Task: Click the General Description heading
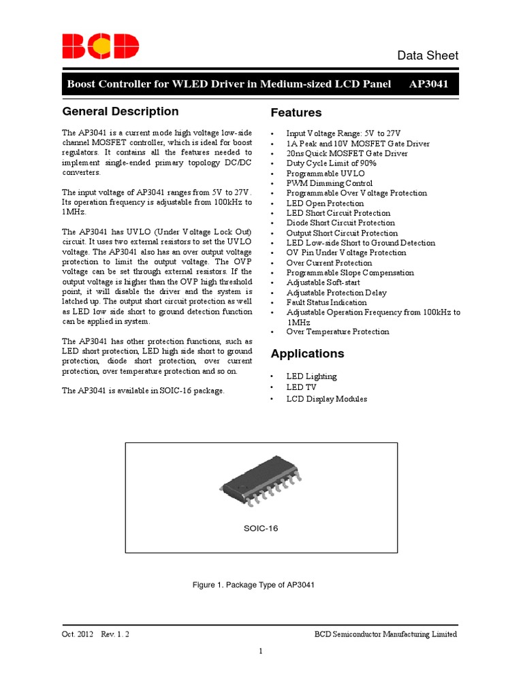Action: [x=121, y=112]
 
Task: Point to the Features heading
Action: [x=296, y=113]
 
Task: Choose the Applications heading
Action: [x=306, y=354]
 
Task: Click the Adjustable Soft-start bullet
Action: [x=323, y=282]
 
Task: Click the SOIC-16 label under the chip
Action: [x=261, y=528]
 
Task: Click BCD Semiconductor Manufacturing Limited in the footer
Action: [x=385, y=634]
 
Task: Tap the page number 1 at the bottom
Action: [x=261, y=651]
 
